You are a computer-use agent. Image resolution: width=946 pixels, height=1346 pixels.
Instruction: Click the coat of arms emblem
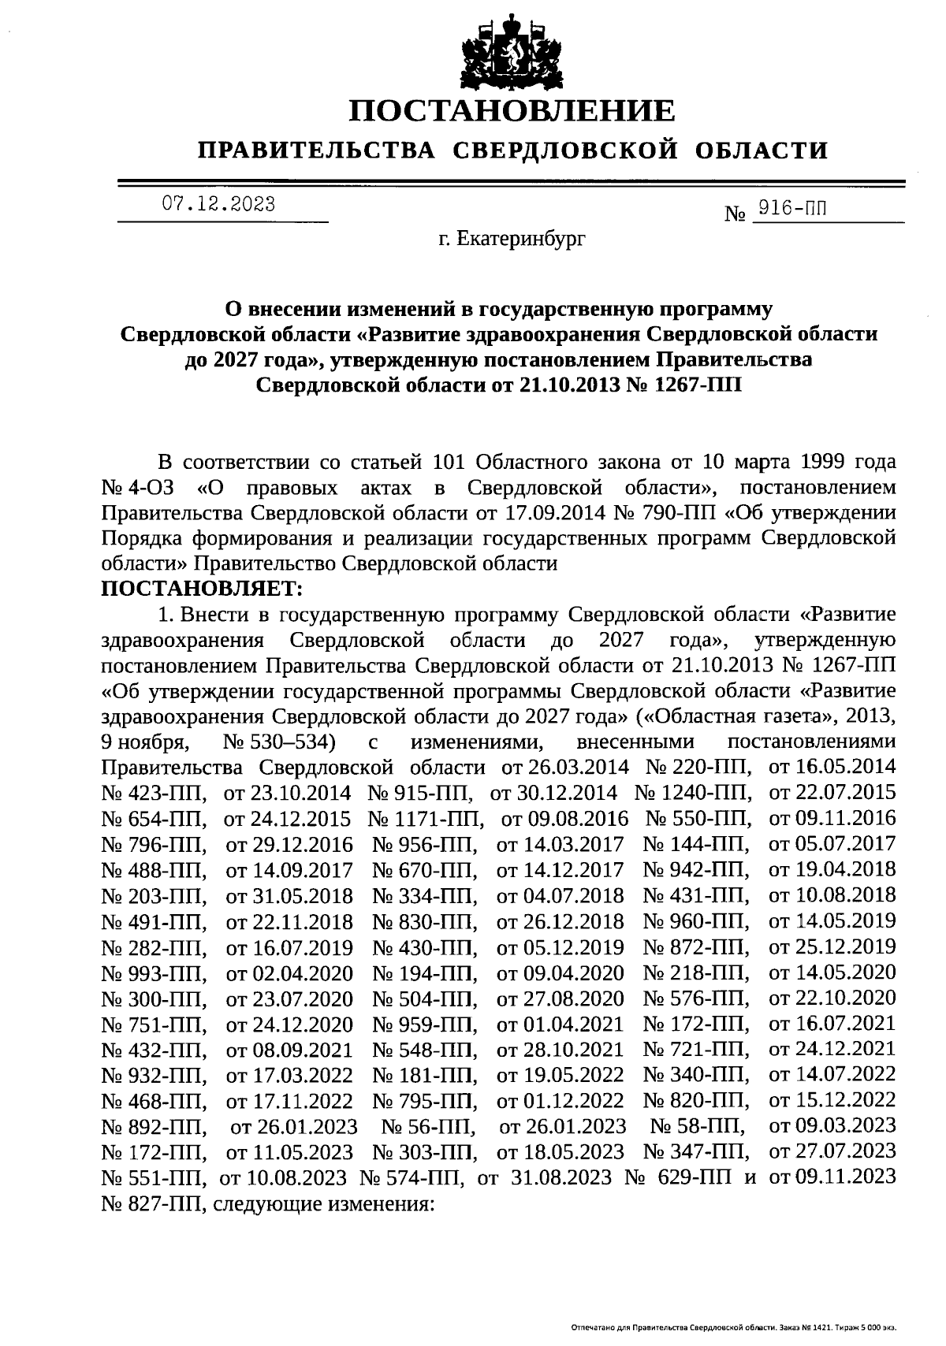[x=512, y=51]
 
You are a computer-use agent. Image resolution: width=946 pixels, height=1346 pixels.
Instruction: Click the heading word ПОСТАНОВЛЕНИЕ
[x=512, y=110]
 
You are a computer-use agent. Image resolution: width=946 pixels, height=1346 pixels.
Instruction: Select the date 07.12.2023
[x=218, y=205]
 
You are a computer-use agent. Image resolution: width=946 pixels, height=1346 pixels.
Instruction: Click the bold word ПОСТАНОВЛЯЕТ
[x=202, y=589]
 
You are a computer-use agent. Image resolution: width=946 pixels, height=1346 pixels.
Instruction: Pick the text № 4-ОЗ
[x=132, y=487]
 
